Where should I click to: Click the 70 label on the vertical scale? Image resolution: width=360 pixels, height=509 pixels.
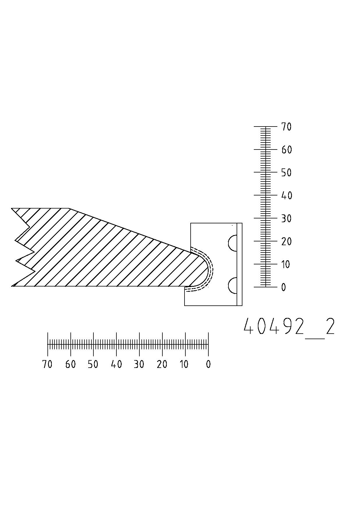coord(286,127)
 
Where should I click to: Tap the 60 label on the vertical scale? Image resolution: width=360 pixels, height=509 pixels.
coord(286,150)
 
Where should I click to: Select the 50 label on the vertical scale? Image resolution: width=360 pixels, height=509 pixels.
coord(286,172)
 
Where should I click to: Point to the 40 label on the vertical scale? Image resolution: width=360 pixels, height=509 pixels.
coord(286,195)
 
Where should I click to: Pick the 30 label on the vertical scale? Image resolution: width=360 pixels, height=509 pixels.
coord(286,218)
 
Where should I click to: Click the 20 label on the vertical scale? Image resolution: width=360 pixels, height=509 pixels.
coord(286,241)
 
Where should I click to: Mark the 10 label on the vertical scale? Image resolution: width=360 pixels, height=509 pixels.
coord(286,264)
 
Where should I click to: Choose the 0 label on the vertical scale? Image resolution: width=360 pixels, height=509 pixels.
coord(283,287)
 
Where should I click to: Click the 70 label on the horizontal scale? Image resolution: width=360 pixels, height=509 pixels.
coord(47,364)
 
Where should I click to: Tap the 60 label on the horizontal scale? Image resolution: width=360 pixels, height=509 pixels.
coord(70,364)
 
